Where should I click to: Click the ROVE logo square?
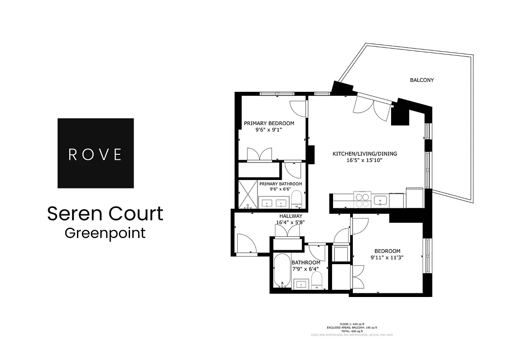[95, 153]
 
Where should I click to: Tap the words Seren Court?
[105, 214]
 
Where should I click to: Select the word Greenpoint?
[105, 233]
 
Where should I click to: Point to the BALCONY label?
[422, 80]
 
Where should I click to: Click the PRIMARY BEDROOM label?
[269, 123]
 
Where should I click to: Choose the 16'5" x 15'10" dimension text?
[365, 160]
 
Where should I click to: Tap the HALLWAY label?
[290, 216]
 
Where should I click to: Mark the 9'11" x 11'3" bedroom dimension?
[387, 258]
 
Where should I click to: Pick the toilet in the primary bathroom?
[296, 198]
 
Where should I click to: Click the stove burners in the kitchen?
[362, 199]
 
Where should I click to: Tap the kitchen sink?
[381, 200]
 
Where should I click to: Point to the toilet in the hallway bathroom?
[317, 279]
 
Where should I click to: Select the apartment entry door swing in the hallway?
[247, 244]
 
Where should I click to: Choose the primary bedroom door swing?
[298, 108]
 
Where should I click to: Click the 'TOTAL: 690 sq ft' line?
[351, 331]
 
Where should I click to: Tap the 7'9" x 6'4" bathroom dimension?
[306, 269]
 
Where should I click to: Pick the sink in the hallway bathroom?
[301, 284]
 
